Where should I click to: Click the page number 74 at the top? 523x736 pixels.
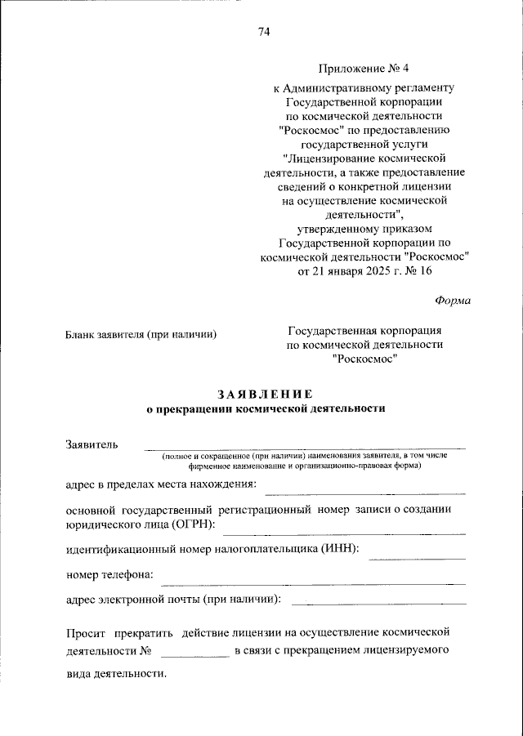pos(263,32)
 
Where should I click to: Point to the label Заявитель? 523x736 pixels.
pos(92,444)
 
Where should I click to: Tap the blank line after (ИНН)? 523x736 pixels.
pos(417,558)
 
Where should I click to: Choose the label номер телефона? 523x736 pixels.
pos(110,574)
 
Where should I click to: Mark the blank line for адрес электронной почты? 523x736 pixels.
pos(378,603)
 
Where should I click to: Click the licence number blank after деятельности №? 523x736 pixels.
pos(195,655)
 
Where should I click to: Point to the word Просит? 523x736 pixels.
pos(86,632)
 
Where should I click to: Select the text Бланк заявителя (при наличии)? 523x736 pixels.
pos(141,333)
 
